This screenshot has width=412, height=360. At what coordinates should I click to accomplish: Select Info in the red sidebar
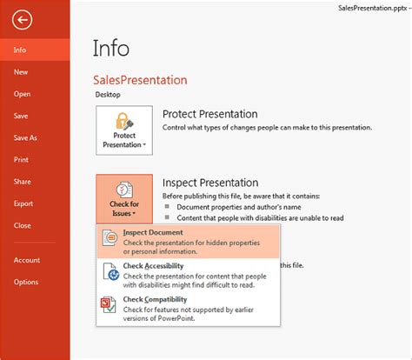[20, 50]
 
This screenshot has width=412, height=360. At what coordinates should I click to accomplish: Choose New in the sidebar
[21, 72]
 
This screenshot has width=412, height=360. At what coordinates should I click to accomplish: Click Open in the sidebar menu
[22, 94]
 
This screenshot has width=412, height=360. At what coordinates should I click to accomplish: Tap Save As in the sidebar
[25, 137]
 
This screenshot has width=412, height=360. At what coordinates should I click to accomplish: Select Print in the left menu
[21, 159]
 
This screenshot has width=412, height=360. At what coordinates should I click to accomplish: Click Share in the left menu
[22, 181]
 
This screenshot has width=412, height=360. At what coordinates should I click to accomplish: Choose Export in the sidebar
[23, 203]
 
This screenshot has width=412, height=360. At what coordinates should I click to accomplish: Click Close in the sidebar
[22, 224]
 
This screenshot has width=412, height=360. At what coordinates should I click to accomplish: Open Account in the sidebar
[26, 260]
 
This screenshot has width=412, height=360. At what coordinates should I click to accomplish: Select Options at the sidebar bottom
[25, 282]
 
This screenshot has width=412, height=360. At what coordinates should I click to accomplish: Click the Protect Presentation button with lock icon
[124, 129]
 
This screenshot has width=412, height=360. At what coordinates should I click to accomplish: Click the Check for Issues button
[124, 199]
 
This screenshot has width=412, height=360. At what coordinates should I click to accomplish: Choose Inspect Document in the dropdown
[152, 233]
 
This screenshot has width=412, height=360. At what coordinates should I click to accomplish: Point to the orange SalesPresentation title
[141, 79]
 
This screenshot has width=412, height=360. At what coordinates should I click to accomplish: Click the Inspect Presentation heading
[210, 183]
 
